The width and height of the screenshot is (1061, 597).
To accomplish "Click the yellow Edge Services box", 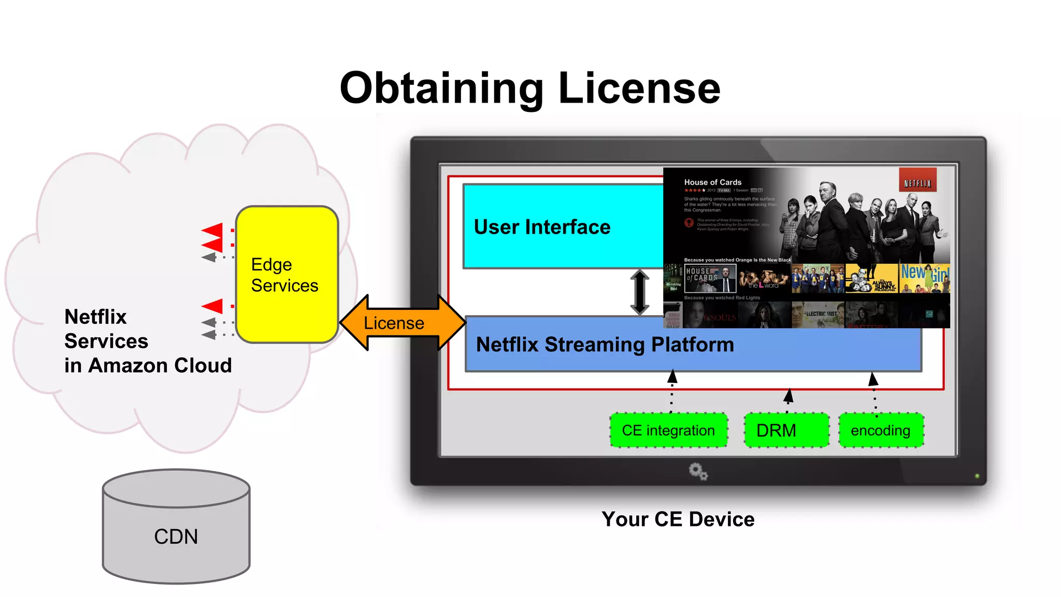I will [286, 275].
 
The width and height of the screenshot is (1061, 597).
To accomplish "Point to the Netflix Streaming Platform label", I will [605, 345].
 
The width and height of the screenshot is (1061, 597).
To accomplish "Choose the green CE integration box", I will [668, 430].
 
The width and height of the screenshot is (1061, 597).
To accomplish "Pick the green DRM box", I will [786, 430].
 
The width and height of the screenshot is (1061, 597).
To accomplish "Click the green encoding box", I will [881, 430].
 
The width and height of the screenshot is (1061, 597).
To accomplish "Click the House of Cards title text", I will [712, 182].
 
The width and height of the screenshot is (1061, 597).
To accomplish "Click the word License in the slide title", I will [639, 88].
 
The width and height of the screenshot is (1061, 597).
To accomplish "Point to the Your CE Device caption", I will [678, 519].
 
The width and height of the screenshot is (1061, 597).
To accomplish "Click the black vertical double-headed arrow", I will [640, 292].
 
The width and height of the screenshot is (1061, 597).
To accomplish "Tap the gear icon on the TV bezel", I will [698, 472].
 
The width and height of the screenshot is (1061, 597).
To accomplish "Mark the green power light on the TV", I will [977, 476].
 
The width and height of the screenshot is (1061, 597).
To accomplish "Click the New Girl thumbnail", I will [924, 278].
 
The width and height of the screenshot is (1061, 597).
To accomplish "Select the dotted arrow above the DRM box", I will [788, 401].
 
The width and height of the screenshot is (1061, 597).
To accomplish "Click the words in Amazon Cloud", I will [148, 365].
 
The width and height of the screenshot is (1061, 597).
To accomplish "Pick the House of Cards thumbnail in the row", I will [710, 278].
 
